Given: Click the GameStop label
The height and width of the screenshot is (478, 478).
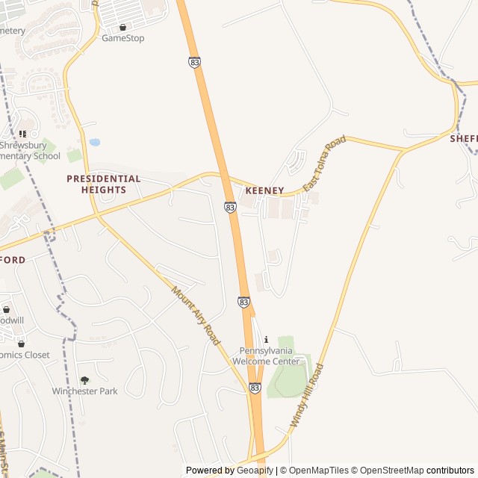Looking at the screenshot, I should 122,38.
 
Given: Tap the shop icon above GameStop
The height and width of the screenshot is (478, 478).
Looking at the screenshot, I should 122,27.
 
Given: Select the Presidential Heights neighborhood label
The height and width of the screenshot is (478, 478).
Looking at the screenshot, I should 103,184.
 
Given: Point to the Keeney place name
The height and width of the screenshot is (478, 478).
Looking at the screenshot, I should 264,191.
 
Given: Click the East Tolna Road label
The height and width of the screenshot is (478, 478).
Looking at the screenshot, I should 324,164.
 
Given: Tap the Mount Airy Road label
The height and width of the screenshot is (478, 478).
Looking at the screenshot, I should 196,315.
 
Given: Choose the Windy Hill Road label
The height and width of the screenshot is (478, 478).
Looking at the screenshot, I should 307,395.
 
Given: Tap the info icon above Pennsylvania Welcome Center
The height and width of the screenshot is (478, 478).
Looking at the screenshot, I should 267,340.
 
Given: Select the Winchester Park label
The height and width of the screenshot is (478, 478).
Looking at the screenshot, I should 84,391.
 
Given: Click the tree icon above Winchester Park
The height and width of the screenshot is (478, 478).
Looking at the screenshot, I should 84,380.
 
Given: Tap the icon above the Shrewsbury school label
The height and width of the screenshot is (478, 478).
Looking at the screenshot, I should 22,134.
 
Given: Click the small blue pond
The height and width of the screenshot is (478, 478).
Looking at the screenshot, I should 95,142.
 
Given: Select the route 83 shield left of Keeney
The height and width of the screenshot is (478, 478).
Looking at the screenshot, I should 230,207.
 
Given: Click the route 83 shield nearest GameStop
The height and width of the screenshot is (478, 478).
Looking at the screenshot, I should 195,63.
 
